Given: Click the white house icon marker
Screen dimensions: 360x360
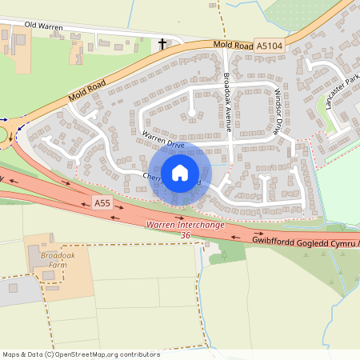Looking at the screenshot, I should (180, 172).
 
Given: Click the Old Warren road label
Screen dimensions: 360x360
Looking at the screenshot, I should (42, 25).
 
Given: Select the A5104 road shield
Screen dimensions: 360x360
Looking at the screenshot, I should (269, 47).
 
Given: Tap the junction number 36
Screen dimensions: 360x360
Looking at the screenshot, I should (186, 235).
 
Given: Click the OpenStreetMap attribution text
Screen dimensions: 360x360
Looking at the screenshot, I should (81, 354).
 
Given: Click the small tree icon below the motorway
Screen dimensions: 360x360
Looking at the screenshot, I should (222, 256).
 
